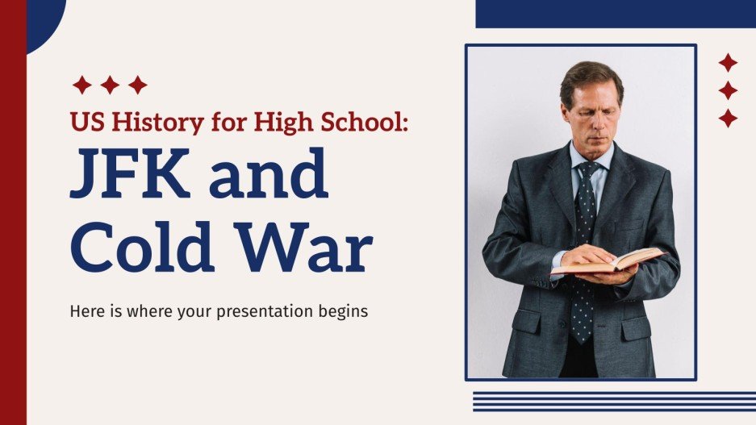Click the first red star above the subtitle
click(x=81, y=85)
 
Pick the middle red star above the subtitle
click(x=110, y=85)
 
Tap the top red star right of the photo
click(x=728, y=63)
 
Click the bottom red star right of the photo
click(x=728, y=119)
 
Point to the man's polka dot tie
click(x=583, y=242)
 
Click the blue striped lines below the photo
click(x=614, y=401)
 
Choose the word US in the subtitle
click(x=84, y=122)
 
